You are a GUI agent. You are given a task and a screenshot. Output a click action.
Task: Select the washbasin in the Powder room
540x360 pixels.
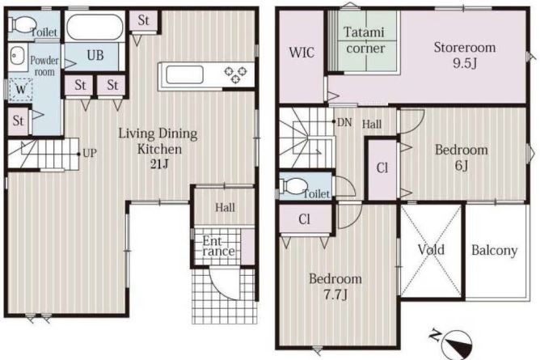(x=17, y=56)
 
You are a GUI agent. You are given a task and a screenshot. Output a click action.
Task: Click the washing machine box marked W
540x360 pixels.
(x=20, y=90)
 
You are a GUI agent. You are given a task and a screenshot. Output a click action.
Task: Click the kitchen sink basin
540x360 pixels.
(x=184, y=74)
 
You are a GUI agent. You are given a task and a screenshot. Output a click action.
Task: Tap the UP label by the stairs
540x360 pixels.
(x=90, y=153)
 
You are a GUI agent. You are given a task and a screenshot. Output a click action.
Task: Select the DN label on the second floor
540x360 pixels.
(x=344, y=122)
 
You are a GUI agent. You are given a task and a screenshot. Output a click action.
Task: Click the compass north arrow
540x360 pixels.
(x=458, y=342)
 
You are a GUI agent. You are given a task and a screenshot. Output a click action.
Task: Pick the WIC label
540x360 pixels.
(x=302, y=53)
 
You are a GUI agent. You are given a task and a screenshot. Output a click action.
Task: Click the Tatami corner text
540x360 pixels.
(x=365, y=40)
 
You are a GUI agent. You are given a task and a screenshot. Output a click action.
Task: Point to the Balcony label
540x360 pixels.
(x=495, y=251)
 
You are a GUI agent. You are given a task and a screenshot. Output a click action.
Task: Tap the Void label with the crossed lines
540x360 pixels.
(x=431, y=250)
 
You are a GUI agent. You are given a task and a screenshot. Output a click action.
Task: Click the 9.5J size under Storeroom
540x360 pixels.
(x=465, y=64)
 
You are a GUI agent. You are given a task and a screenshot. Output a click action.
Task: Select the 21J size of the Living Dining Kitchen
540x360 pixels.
(x=159, y=165)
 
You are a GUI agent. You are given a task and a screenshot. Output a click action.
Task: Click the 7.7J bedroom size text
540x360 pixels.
(x=335, y=295)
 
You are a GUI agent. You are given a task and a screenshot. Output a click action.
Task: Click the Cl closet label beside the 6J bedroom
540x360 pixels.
(x=382, y=168)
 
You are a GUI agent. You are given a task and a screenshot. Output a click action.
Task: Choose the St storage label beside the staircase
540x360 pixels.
(x=18, y=121)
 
